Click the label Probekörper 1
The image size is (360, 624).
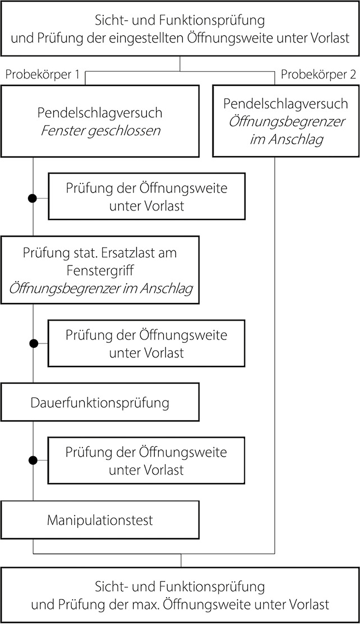[x=41, y=75]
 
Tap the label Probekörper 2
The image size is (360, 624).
[x=318, y=75]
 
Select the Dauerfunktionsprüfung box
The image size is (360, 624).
[x=100, y=402]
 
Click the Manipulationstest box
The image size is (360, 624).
[x=100, y=520]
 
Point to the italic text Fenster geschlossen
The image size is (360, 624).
[x=100, y=130]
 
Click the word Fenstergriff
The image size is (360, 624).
[x=100, y=270]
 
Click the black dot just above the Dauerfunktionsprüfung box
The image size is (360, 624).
[x=34, y=342]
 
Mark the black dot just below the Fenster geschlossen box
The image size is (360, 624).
[x=34, y=198]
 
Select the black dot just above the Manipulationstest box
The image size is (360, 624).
[x=34, y=460]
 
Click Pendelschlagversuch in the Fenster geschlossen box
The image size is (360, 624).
[x=100, y=113]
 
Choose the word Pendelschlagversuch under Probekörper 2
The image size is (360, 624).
[x=286, y=104]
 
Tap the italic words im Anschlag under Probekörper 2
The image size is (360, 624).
[x=286, y=139]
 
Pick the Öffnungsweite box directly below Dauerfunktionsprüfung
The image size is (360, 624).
[x=146, y=460]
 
